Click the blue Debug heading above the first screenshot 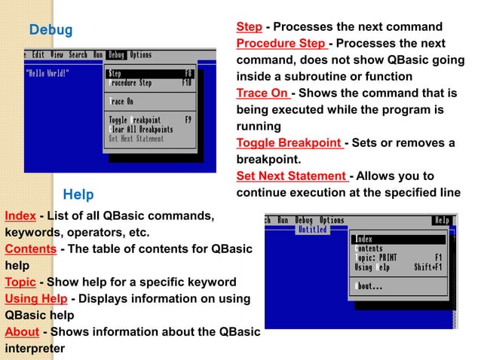[x=51, y=30]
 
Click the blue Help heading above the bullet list [x=78, y=195]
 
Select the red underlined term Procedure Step [x=281, y=43]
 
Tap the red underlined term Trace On [x=262, y=93]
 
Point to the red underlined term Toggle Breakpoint [x=290, y=143]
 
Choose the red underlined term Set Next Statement [x=291, y=176]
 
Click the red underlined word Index [x=20, y=216]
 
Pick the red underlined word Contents [x=30, y=249]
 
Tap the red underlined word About [x=22, y=332]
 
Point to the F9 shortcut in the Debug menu [x=188, y=120]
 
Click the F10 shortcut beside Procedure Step [x=187, y=83]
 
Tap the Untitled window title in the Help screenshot [x=311, y=229]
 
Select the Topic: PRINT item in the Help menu [x=375, y=258]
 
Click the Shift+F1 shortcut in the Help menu [x=427, y=267]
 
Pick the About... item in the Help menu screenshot [x=369, y=286]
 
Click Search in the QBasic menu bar [x=78, y=55]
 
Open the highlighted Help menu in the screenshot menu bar [x=442, y=221]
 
